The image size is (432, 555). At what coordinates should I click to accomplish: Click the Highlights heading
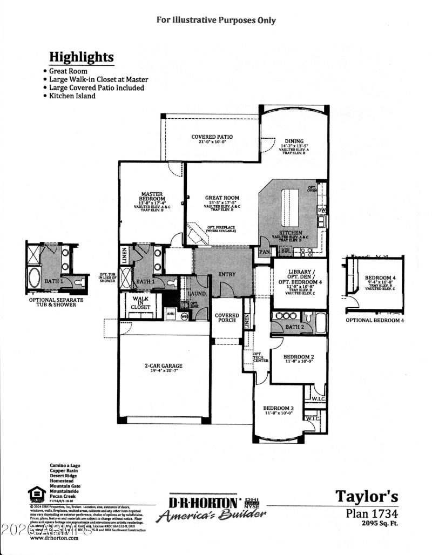point(82,57)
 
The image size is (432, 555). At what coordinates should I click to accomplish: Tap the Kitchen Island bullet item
point(72,96)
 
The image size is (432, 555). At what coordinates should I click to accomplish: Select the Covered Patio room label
point(212,137)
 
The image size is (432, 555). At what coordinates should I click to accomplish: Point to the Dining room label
point(294,142)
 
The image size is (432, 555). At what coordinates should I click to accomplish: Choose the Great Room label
point(222,198)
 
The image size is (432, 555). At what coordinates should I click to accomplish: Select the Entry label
point(227,274)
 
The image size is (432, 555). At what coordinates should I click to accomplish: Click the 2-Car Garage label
point(165,367)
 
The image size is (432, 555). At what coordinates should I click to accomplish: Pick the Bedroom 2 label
point(299,357)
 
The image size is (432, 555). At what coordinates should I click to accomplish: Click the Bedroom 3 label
point(278,408)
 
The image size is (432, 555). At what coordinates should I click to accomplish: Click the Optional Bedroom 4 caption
point(374,320)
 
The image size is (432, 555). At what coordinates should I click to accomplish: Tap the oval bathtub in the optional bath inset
point(34,278)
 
